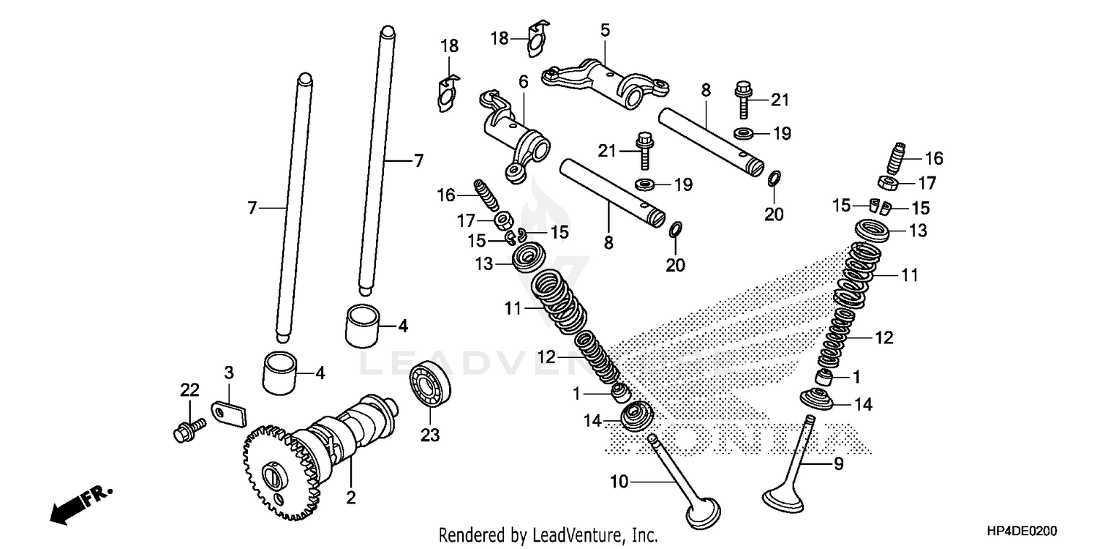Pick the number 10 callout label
(619, 481)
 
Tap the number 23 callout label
(430, 436)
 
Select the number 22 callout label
(190, 390)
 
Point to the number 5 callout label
(605, 30)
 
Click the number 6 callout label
(523, 81)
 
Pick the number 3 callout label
(228, 373)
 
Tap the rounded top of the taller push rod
(387, 32)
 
